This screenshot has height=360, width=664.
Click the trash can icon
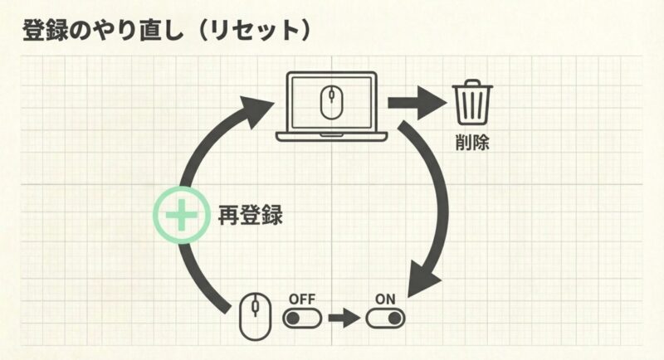pyautogui.click(x=472, y=103)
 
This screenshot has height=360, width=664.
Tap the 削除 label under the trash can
pyautogui.click(x=472, y=142)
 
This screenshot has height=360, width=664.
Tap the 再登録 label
pyautogui.click(x=250, y=216)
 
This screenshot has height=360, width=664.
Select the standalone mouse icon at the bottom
pyautogui.click(x=255, y=315)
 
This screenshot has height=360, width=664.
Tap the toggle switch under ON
pyautogui.click(x=384, y=318)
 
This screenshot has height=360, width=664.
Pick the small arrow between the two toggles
pyautogui.click(x=343, y=318)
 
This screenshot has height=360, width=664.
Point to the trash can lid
pyautogui.click(x=472, y=85)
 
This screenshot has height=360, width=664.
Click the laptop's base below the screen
pyautogui.click(x=331, y=137)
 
